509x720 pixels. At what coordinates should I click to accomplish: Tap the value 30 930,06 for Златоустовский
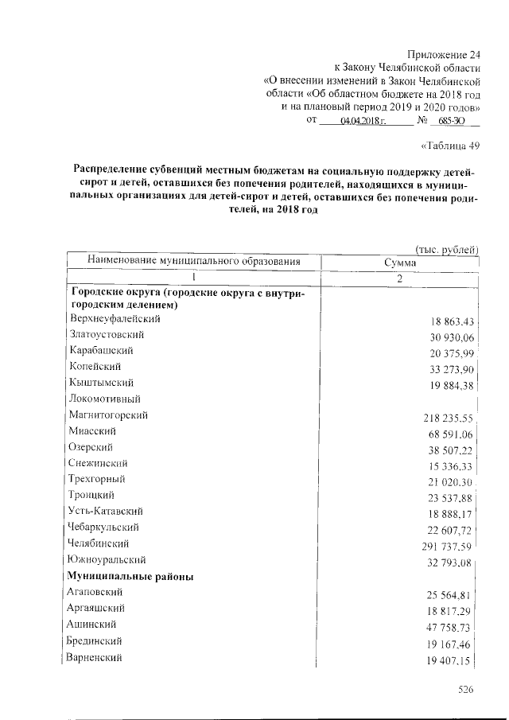click(x=447, y=338)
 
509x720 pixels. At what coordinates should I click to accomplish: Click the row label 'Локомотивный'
click(x=105, y=399)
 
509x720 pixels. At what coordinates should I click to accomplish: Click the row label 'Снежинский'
click(x=99, y=463)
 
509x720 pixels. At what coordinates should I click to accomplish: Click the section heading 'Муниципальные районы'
click(x=132, y=576)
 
